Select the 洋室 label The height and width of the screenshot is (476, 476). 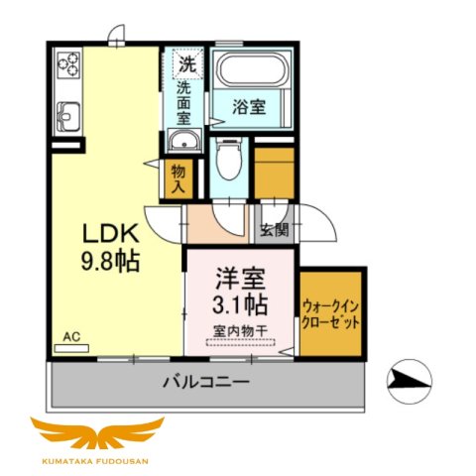coord(240,271)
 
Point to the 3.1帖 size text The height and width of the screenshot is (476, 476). coord(239,300)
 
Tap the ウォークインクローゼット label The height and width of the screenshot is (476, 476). coord(332,315)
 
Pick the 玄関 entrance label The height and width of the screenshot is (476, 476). coord(273,231)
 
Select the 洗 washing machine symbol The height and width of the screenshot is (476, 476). coord(186,63)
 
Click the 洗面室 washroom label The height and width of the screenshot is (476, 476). coord(184,103)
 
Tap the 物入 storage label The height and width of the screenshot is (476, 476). coord(178,178)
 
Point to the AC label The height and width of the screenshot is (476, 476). coord(70,337)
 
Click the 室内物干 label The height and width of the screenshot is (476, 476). coord(239,329)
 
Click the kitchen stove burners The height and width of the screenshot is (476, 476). coord(69,65)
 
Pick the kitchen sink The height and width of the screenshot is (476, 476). coord(67,115)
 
